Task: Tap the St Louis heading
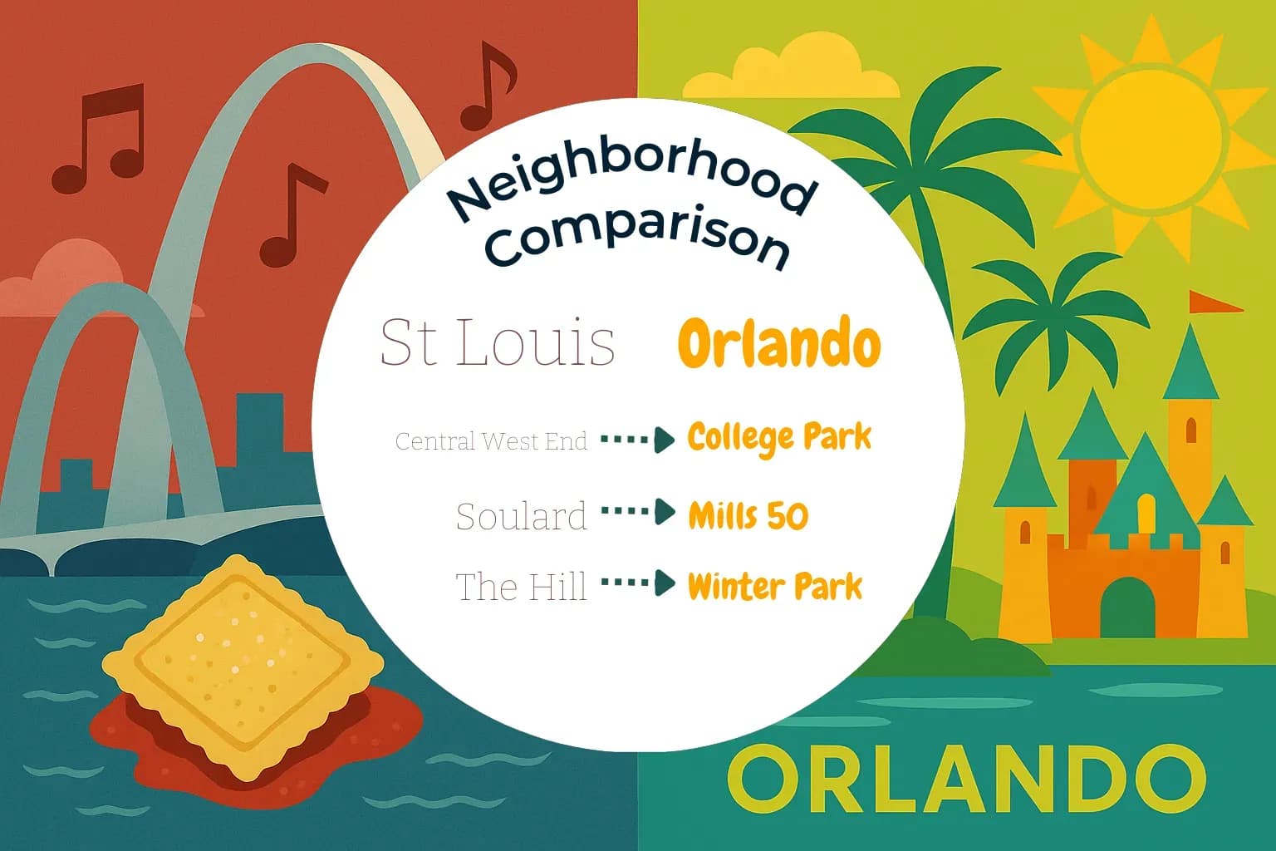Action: [x=497, y=342]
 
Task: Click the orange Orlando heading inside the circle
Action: [x=778, y=343]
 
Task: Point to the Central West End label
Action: [x=491, y=440]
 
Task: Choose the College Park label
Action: [x=779, y=438]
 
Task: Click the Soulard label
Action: [x=521, y=517]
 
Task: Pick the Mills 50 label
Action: [x=748, y=516]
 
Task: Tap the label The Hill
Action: [x=521, y=587]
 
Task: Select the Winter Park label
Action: [x=775, y=587]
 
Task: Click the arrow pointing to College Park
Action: [x=638, y=440]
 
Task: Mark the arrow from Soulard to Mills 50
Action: [x=638, y=513]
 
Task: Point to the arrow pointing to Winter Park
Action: [x=638, y=583]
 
